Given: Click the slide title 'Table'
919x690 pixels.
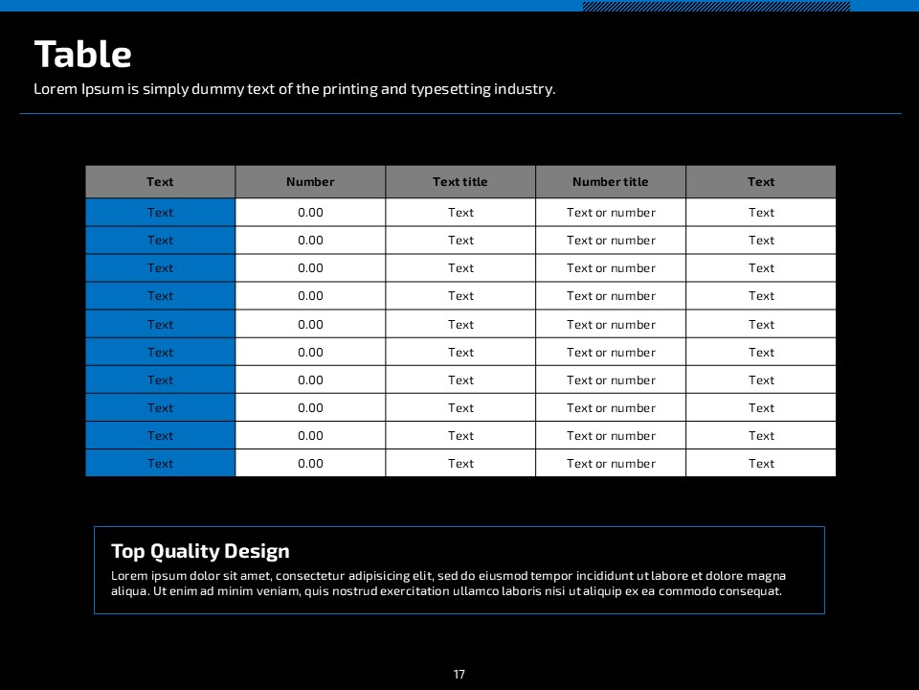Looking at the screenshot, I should tap(82, 55).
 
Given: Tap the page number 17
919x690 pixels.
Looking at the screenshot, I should tap(459, 675).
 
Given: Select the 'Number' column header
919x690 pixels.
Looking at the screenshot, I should tap(310, 182).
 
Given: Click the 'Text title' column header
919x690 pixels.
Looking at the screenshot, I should tap(460, 182).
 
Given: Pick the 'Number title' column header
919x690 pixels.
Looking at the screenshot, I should tap(611, 182).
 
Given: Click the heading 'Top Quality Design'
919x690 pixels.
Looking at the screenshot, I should tap(200, 551).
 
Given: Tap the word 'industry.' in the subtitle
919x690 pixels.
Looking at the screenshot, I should tap(525, 89).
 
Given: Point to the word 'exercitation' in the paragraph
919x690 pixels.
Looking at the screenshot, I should tap(415, 591).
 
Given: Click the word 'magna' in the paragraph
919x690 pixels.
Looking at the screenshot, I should tap(766, 576).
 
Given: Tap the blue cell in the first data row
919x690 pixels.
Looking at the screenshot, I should tap(160, 213).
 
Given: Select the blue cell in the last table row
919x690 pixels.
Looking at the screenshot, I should tap(160, 464).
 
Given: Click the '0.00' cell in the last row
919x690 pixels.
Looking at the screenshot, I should tap(310, 464).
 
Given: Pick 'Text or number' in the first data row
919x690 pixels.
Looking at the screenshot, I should tap(611, 213).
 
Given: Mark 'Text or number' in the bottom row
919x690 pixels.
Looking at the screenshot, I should tap(611, 464).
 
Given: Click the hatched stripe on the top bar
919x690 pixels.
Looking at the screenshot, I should tap(716, 6).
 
